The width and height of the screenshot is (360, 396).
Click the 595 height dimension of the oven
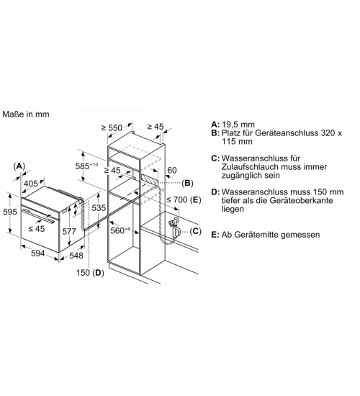pos(10,212)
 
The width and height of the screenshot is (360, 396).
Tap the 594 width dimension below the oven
pos(38,253)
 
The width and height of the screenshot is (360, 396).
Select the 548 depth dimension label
pos(76,256)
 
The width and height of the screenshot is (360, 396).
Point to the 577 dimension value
pos(69,231)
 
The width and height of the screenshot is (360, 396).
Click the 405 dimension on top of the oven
pos(30,184)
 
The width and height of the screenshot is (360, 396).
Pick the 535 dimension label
pos(99,207)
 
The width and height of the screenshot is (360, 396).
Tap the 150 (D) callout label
pos(90,273)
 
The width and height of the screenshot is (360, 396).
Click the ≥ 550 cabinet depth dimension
pos(112,127)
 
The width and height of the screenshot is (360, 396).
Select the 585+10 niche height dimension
pos(86,166)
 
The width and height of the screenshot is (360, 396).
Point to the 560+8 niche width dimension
pos(120,230)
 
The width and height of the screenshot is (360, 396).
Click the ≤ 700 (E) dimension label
pos(184,199)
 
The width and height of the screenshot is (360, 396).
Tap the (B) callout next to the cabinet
pos(187,183)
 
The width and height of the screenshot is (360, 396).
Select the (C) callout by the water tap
pos(195,231)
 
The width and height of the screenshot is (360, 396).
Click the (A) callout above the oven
pos(19,166)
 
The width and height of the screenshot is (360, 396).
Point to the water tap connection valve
pos(175,228)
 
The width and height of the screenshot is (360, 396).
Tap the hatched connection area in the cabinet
pos(150,179)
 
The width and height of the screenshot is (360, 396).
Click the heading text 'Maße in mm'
pos(26,114)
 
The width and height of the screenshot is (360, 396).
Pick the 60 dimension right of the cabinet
pos(172,170)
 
